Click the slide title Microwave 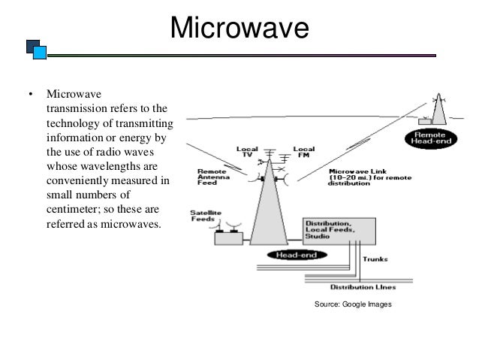(x=239, y=29)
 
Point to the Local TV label (x=247, y=151)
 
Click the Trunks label (x=374, y=259)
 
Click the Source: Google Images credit (x=353, y=304)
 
